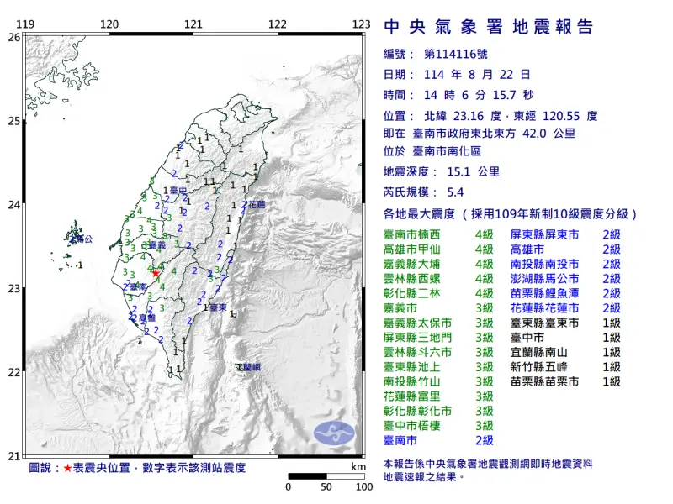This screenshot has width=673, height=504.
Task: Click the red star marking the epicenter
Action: pyautogui.click(x=156, y=273)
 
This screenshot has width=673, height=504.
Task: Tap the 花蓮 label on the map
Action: pyautogui.click(x=255, y=205)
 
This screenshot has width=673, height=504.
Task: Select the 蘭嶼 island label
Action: pyautogui.click(x=249, y=368)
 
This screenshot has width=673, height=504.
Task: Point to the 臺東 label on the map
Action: pyautogui.click(x=217, y=308)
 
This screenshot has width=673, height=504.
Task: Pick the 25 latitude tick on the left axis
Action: pyautogui.click(x=13, y=121)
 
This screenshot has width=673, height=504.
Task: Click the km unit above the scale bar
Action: pyautogui.click(x=358, y=466)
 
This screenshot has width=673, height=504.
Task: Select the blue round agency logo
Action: pyautogui.click(x=335, y=433)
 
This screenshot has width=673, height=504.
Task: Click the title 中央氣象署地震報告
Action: pyautogui.click(x=488, y=27)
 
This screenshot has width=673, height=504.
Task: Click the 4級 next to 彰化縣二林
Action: pyautogui.click(x=484, y=292)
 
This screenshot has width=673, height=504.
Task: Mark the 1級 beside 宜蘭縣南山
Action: pyautogui.click(x=612, y=352)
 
